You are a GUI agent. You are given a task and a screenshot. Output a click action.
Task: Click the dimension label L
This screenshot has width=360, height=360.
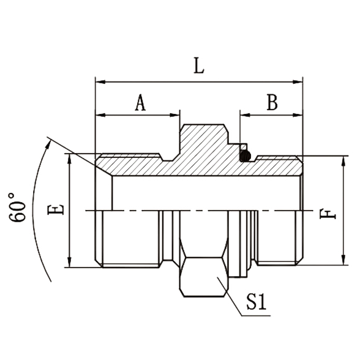[198, 66]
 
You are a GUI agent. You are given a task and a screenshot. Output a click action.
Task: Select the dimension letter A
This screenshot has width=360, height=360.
[140, 103]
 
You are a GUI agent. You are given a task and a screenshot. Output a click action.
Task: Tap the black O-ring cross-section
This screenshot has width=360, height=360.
[245, 156]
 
